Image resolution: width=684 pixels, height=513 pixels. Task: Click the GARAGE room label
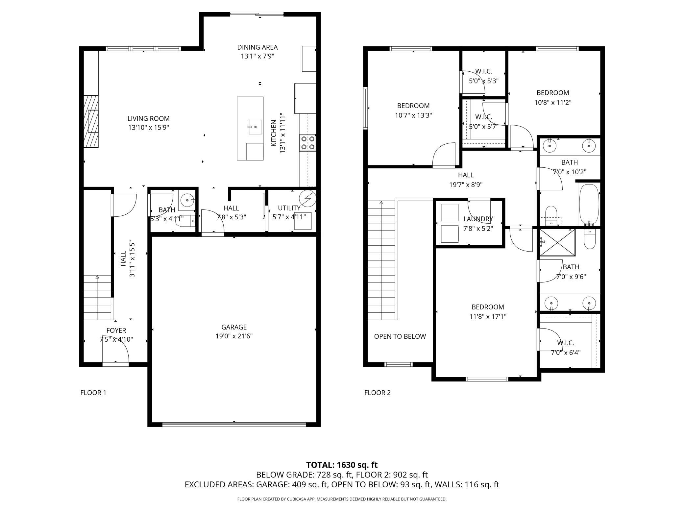(234, 327)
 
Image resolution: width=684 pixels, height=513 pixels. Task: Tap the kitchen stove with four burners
(308, 143)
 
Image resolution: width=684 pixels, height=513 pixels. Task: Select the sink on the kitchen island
(255, 127)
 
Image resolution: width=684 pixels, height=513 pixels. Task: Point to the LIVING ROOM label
(149, 119)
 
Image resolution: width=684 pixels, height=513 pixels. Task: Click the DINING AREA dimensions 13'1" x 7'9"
(257, 56)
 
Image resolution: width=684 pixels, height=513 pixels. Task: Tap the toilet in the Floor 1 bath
(185, 222)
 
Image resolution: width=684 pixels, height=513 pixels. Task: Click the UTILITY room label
(289, 208)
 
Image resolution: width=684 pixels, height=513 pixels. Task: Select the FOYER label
(116, 330)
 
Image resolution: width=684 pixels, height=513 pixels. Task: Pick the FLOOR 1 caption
(93, 393)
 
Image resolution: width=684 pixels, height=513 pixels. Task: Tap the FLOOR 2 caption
(378, 393)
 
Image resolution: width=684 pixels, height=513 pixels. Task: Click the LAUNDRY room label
(478, 219)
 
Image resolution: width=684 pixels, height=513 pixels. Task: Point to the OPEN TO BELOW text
(400, 336)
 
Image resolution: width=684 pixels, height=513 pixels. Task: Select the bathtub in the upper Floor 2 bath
(589, 205)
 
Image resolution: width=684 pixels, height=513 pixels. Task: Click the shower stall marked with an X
(558, 242)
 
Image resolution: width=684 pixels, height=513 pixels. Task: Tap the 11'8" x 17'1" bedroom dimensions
(488, 317)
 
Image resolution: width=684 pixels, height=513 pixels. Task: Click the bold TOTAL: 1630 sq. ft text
(342, 465)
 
